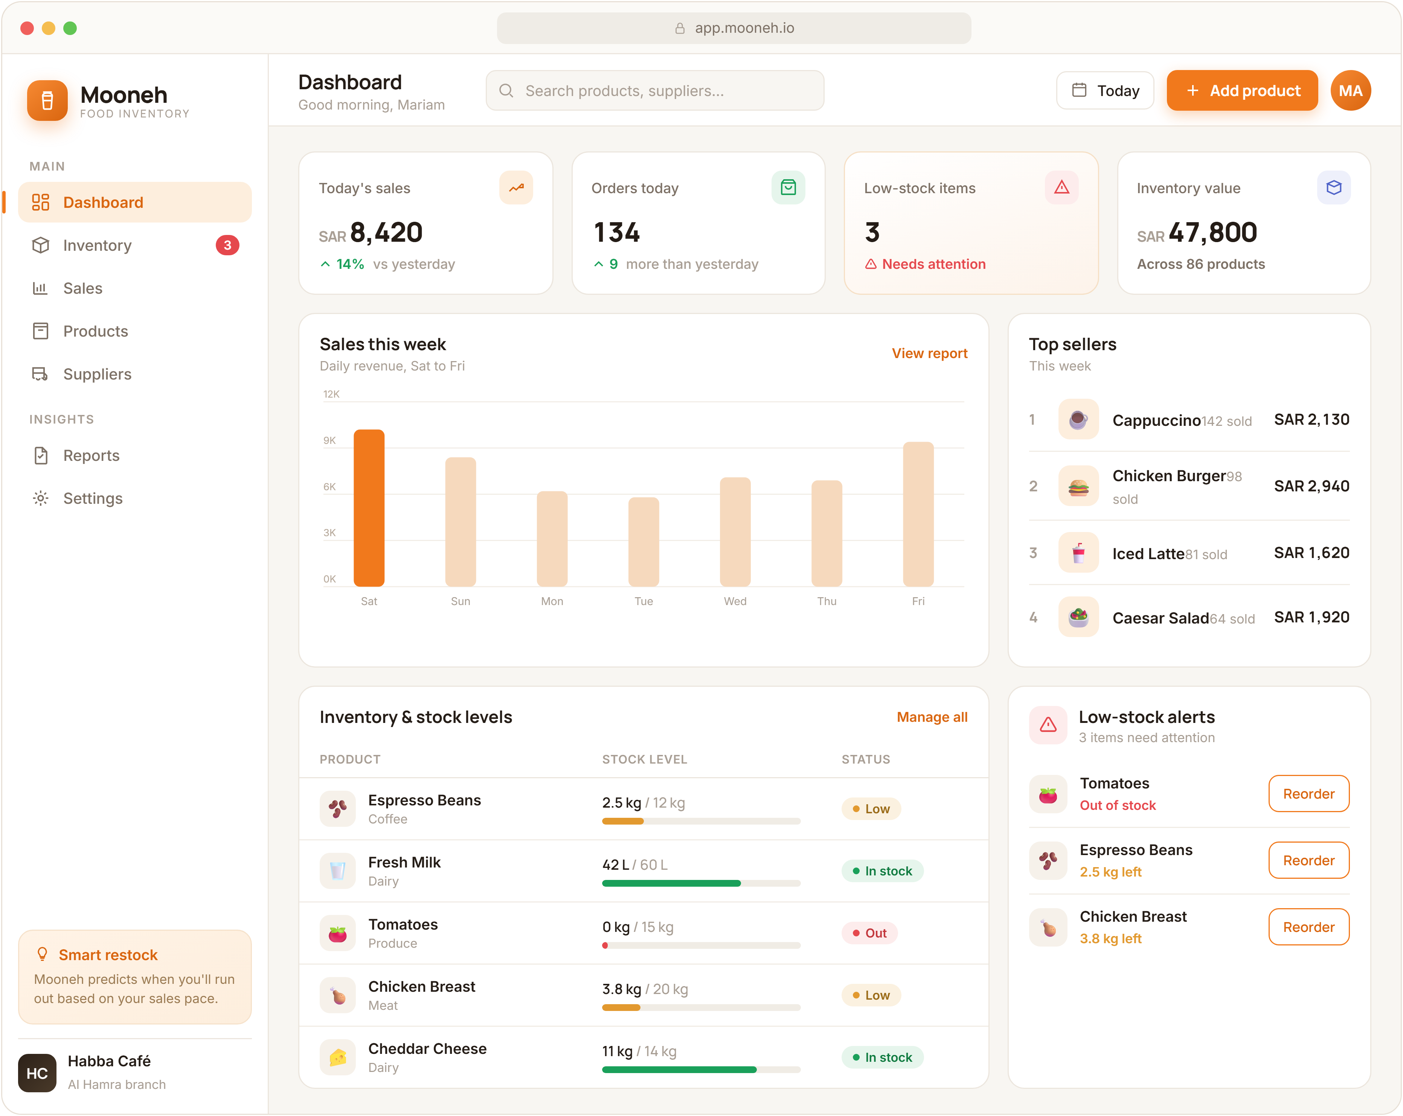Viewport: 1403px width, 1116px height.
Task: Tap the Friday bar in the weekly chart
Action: (918, 514)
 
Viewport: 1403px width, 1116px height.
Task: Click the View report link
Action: (929, 353)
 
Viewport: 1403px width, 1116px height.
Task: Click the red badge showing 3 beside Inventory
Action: (227, 245)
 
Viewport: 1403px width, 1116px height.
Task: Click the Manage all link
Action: (932, 717)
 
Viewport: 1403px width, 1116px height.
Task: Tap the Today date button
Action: (1105, 90)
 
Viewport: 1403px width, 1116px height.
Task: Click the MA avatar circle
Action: (1350, 90)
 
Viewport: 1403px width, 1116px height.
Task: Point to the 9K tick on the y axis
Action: (330, 441)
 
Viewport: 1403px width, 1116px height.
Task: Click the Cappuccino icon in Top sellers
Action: (1078, 420)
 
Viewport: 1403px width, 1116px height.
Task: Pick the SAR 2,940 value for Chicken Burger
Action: (1311, 486)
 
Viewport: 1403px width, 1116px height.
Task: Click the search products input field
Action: (655, 90)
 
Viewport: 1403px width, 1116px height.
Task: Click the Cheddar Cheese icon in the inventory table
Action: (338, 1057)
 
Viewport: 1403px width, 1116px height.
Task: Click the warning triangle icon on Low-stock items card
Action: (1061, 188)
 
